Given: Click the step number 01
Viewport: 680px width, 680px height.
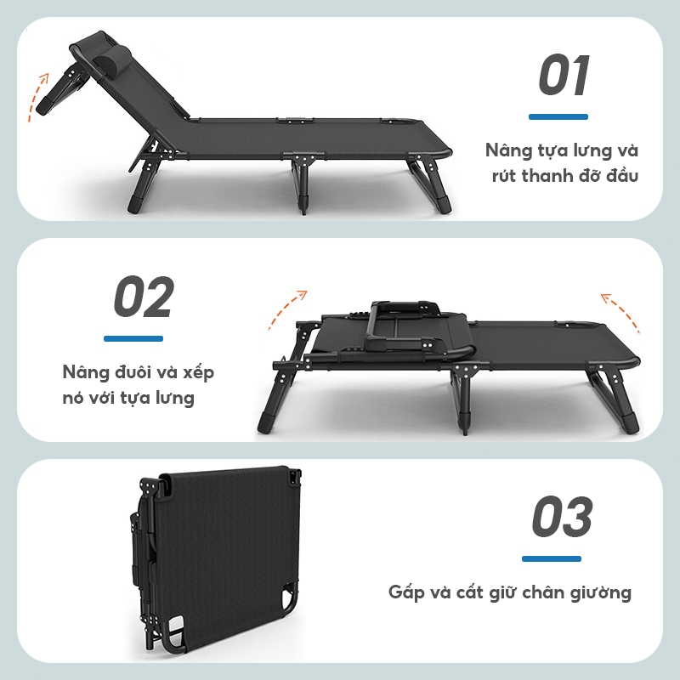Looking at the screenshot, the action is (564, 75).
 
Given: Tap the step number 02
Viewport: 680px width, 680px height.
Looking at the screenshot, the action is (144, 297).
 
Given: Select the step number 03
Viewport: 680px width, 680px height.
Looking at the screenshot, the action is (562, 516).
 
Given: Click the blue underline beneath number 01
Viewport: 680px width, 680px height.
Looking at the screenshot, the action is (558, 116).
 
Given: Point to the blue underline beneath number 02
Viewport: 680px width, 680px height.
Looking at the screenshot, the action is (133, 338).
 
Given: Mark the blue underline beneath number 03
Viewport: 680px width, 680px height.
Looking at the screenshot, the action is (551, 558).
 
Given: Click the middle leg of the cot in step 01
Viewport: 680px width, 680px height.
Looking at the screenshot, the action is (303, 183).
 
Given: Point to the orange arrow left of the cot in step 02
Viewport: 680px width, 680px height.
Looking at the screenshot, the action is (286, 309).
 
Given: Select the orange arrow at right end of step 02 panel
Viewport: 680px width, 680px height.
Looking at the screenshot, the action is (620, 312).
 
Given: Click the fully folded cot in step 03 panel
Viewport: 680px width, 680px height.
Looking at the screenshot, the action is (216, 560).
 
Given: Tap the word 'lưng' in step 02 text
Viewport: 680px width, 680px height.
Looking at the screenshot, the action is (176, 398).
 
